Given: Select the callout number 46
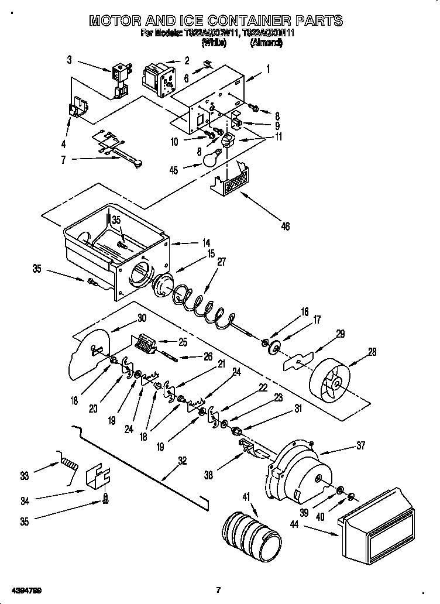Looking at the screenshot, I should (285, 226).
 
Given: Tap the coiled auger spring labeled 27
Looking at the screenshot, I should (205, 306).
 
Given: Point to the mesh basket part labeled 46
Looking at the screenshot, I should (235, 179).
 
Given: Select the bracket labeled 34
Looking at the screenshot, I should (99, 479).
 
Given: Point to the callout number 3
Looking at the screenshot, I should (69, 59).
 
